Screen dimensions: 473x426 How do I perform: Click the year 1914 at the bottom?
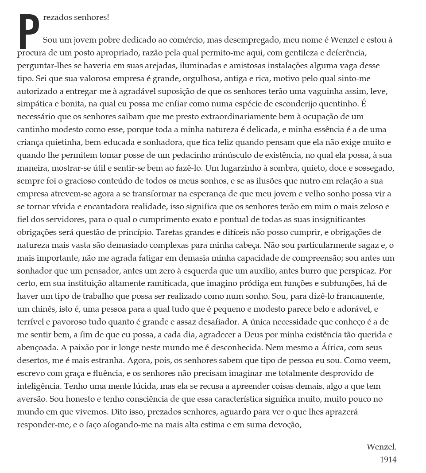388,460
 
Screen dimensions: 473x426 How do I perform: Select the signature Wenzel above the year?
381,447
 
